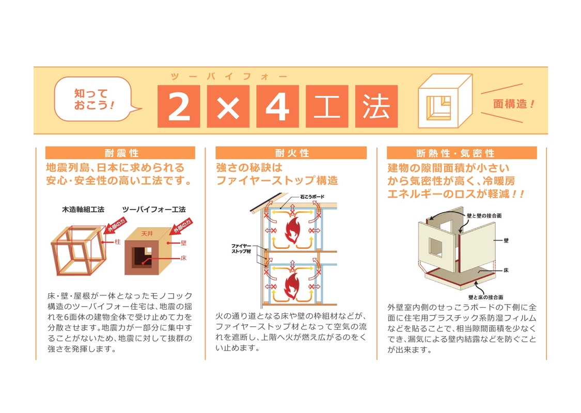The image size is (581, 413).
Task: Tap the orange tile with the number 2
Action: [179, 106]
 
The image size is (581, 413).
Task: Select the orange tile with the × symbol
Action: [228, 106]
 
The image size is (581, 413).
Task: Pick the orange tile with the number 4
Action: [277, 106]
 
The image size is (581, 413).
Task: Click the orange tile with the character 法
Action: [376, 106]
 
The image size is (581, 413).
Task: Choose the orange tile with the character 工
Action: [327, 106]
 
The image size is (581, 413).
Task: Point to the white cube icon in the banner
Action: [445, 101]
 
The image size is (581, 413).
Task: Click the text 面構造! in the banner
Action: [514, 104]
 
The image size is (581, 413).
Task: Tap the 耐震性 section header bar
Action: [120, 153]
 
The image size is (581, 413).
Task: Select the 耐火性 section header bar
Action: [291, 153]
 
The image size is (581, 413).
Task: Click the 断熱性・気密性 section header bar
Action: [462, 153]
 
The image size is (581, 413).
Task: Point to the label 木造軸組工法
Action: [83, 210]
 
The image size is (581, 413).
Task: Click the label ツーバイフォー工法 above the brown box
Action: [154, 210]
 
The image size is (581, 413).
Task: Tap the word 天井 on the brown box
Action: [147, 234]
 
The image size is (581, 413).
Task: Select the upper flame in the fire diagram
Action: [292, 230]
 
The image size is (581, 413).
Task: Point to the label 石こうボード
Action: [312, 197]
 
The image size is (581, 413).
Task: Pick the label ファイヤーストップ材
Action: [241, 248]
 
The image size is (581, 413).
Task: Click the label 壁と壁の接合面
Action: [484, 216]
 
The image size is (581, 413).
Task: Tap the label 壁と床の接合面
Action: [485, 297]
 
